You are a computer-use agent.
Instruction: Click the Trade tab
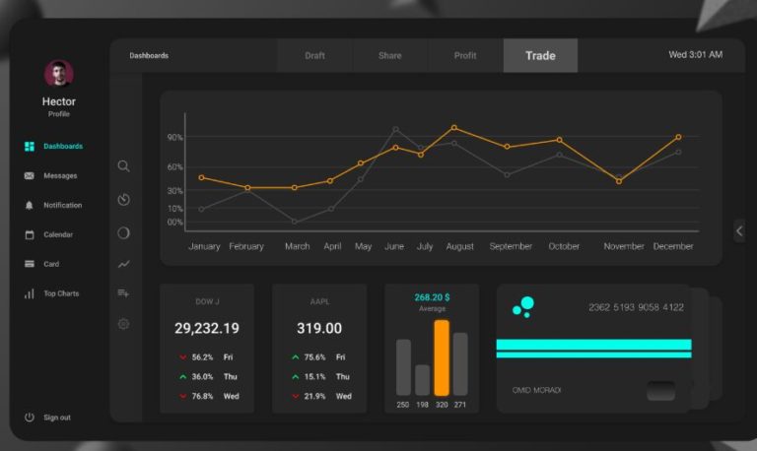[540, 55]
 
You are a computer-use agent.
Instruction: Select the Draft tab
[314, 55]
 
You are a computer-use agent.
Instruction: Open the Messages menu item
[59, 175]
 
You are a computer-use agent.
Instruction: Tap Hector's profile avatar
[59, 74]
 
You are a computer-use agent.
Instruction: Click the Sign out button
[56, 418]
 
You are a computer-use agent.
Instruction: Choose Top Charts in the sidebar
[60, 293]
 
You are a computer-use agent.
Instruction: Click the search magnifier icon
[123, 166]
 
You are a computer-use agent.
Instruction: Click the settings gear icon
[123, 324]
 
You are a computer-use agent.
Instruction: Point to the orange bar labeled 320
[442, 357]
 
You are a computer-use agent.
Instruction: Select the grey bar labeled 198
[422, 379]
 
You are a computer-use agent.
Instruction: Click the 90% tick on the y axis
[175, 138]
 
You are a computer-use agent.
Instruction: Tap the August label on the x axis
[460, 246]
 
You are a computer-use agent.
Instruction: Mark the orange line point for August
[453, 127]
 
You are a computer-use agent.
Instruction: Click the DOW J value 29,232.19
[206, 328]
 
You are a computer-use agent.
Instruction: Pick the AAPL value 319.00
[319, 328]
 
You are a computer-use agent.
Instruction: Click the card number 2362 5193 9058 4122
[636, 307]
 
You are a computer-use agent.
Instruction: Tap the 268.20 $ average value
[432, 296]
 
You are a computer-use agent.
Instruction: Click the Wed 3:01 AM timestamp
[695, 55]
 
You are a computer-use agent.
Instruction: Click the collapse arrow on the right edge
[739, 230]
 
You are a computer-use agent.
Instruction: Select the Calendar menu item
[57, 234]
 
